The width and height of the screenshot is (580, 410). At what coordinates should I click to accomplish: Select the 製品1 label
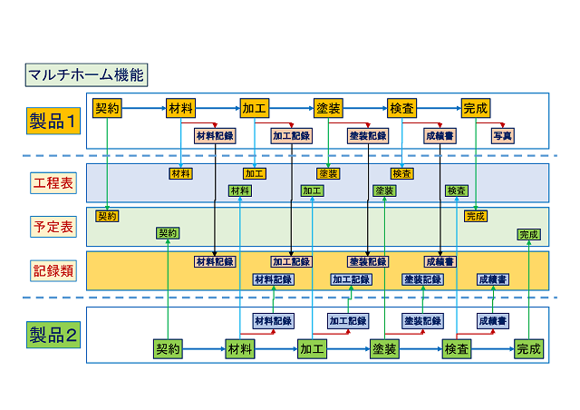pos(53,120)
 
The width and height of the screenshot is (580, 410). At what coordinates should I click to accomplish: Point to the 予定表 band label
pos(53,227)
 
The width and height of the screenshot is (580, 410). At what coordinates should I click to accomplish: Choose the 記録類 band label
pos(53,269)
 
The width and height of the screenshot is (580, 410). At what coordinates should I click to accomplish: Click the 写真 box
pos(502,136)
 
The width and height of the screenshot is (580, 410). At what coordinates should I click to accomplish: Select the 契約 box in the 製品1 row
pos(107,109)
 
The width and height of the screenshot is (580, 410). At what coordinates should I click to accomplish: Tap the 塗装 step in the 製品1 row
pos(328,109)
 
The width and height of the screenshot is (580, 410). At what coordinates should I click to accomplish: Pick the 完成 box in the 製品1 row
pos(475,109)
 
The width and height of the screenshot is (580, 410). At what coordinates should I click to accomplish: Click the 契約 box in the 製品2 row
pos(168,348)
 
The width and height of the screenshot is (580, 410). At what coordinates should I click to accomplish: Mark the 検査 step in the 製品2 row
pos(456,348)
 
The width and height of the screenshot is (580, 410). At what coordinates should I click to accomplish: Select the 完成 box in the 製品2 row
pos(527,348)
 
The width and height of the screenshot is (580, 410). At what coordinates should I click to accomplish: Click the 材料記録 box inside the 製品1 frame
pos(215,136)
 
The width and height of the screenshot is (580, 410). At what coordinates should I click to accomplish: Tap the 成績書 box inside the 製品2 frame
pos(492,321)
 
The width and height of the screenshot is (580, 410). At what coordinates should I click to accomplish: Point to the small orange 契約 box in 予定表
pos(107,216)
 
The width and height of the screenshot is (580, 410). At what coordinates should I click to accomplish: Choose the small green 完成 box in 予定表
pos(528,234)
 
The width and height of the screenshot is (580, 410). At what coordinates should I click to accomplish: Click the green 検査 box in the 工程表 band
pos(457,190)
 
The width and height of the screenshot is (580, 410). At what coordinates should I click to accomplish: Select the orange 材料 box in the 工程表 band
pos(180,173)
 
